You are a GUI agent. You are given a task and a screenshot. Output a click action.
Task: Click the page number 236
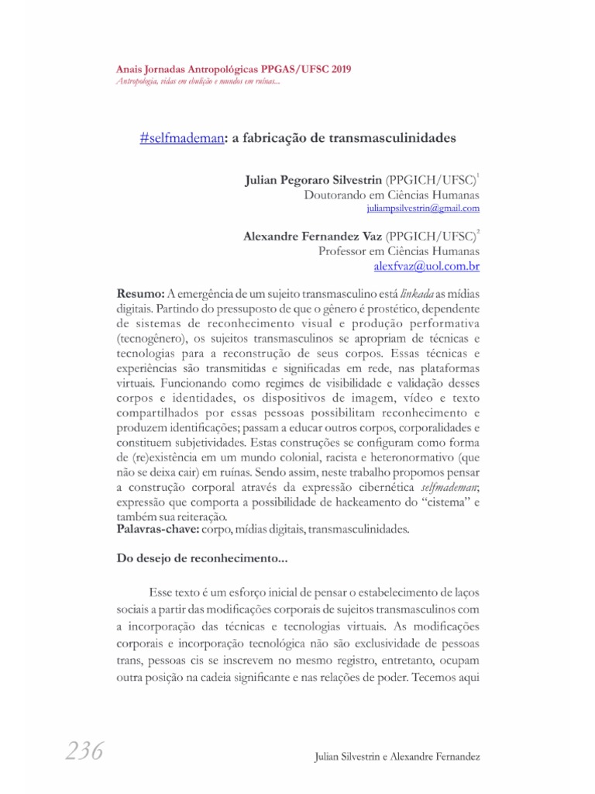(75, 751)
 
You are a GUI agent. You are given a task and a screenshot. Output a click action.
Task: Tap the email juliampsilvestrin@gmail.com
(423, 209)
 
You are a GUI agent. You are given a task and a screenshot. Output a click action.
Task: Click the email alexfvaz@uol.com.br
(427, 266)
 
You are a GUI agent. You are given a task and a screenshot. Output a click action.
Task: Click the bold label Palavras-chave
(157, 530)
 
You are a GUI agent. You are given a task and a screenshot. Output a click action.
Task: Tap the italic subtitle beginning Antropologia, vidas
(198, 82)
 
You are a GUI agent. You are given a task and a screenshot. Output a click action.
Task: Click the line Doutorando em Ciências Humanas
(392, 195)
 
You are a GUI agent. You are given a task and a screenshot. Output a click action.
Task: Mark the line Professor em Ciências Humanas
(399, 251)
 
